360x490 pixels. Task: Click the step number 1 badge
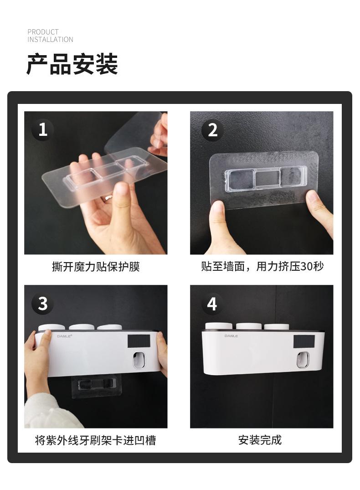[42, 130]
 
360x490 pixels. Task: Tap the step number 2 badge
[212, 130]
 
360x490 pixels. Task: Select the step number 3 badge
[42, 304]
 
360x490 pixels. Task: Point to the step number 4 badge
[212, 304]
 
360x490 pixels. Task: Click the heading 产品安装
[72, 64]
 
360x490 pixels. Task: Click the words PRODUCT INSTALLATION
[50, 36]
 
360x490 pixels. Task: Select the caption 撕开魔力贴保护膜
[96, 267]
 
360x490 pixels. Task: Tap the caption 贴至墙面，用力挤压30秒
[262, 266]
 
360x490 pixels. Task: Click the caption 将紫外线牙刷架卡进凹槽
[96, 440]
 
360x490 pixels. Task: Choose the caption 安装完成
[260, 440]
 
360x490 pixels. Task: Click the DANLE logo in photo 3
[64, 336]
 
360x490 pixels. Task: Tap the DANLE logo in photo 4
[231, 335]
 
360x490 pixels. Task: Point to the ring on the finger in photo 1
[108, 197]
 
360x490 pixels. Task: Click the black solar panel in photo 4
[304, 342]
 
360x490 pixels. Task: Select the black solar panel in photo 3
[139, 341]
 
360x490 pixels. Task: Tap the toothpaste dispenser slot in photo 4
[303, 359]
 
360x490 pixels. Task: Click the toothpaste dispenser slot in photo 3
[139, 360]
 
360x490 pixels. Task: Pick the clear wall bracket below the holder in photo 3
[96, 386]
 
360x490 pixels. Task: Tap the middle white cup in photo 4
[249, 326]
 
